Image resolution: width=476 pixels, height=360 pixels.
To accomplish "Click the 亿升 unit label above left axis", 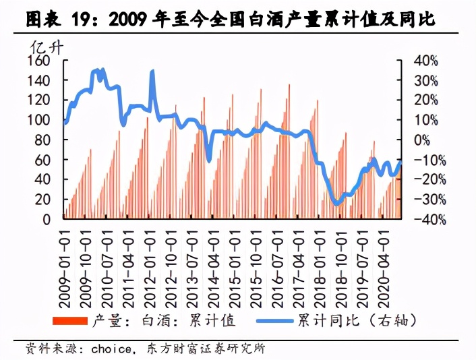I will pos(45,47).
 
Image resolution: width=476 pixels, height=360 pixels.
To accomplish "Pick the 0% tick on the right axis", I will pos(422,140).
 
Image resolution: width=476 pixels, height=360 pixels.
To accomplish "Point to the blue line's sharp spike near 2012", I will pos(152,71).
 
